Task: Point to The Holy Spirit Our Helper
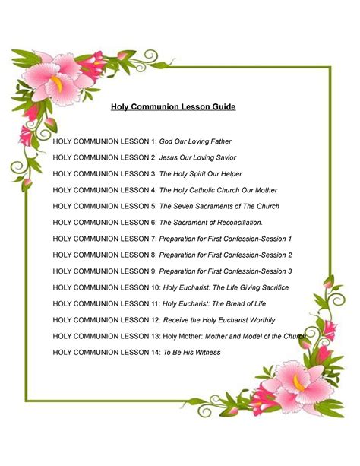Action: (x=201, y=174)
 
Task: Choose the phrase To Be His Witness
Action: (x=195, y=352)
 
